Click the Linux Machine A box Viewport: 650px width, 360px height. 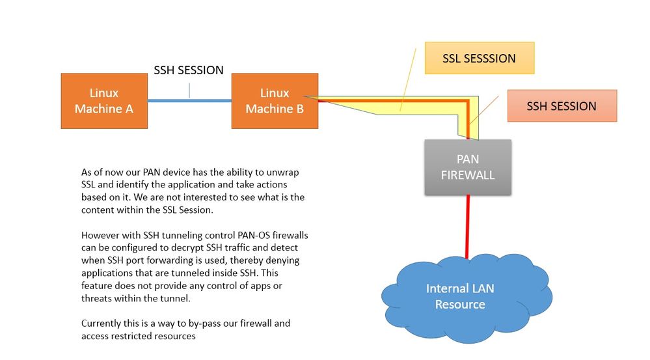click(x=104, y=101)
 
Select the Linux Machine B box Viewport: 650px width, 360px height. click(x=275, y=101)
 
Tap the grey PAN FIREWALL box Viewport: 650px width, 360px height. click(x=468, y=167)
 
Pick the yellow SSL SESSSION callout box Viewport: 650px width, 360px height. click(x=479, y=58)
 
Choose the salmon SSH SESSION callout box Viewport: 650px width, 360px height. click(x=562, y=106)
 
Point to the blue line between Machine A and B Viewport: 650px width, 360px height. click(x=189, y=101)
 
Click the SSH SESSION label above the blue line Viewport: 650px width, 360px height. click(x=189, y=70)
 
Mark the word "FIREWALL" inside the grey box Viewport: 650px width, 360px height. click(x=468, y=174)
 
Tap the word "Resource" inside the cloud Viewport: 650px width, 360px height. click(x=460, y=304)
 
